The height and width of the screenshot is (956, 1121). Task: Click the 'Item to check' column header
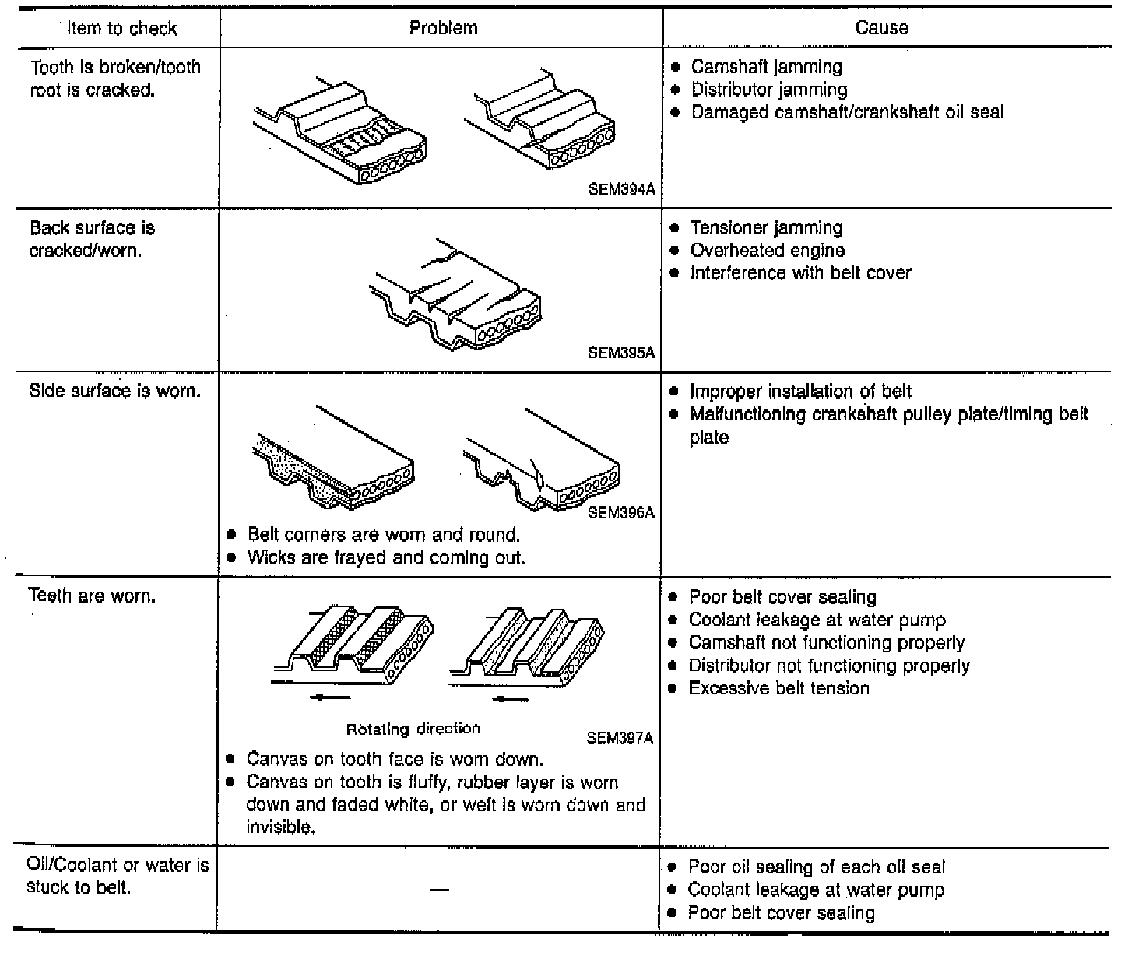tap(122, 29)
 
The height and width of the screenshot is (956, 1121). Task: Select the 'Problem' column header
tap(443, 28)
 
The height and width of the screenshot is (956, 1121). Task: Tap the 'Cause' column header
tap(881, 28)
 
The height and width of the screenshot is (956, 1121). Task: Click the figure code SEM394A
tap(621, 189)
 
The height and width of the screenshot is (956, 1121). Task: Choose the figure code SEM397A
tap(619, 738)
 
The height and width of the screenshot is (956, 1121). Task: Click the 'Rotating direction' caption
tap(413, 729)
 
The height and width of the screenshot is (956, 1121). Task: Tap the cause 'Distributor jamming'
tap(769, 90)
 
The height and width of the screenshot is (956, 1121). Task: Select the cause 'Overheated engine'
tap(767, 251)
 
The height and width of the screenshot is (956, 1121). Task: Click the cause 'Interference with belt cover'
tap(800, 273)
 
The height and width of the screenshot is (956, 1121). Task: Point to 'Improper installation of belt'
tap(800, 392)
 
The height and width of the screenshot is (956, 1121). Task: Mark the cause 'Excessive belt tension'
tap(778, 688)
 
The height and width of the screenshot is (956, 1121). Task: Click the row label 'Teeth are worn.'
tap(92, 596)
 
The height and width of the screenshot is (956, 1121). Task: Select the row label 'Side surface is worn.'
tap(115, 391)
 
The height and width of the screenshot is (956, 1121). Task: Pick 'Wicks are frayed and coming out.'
tap(386, 557)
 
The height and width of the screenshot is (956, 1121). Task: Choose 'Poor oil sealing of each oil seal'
tap(817, 867)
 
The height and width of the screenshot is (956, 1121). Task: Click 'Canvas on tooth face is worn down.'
tap(395, 759)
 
